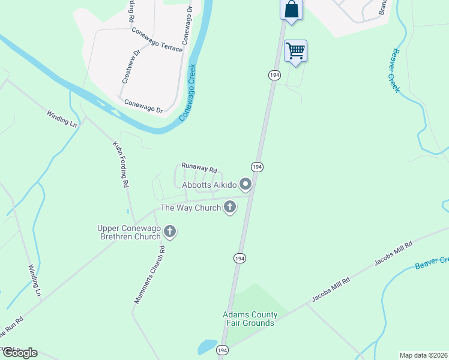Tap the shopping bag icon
(291, 10)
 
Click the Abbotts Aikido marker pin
(245, 184)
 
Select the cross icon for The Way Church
(229, 208)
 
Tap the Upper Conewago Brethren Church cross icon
(170, 232)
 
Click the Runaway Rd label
(199, 169)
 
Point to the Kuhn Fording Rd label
(121, 164)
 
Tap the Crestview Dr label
(130, 65)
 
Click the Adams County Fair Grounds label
(250, 319)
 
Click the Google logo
(19, 353)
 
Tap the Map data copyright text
(423, 355)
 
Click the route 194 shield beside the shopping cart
(274, 74)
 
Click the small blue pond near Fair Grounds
(206, 347)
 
